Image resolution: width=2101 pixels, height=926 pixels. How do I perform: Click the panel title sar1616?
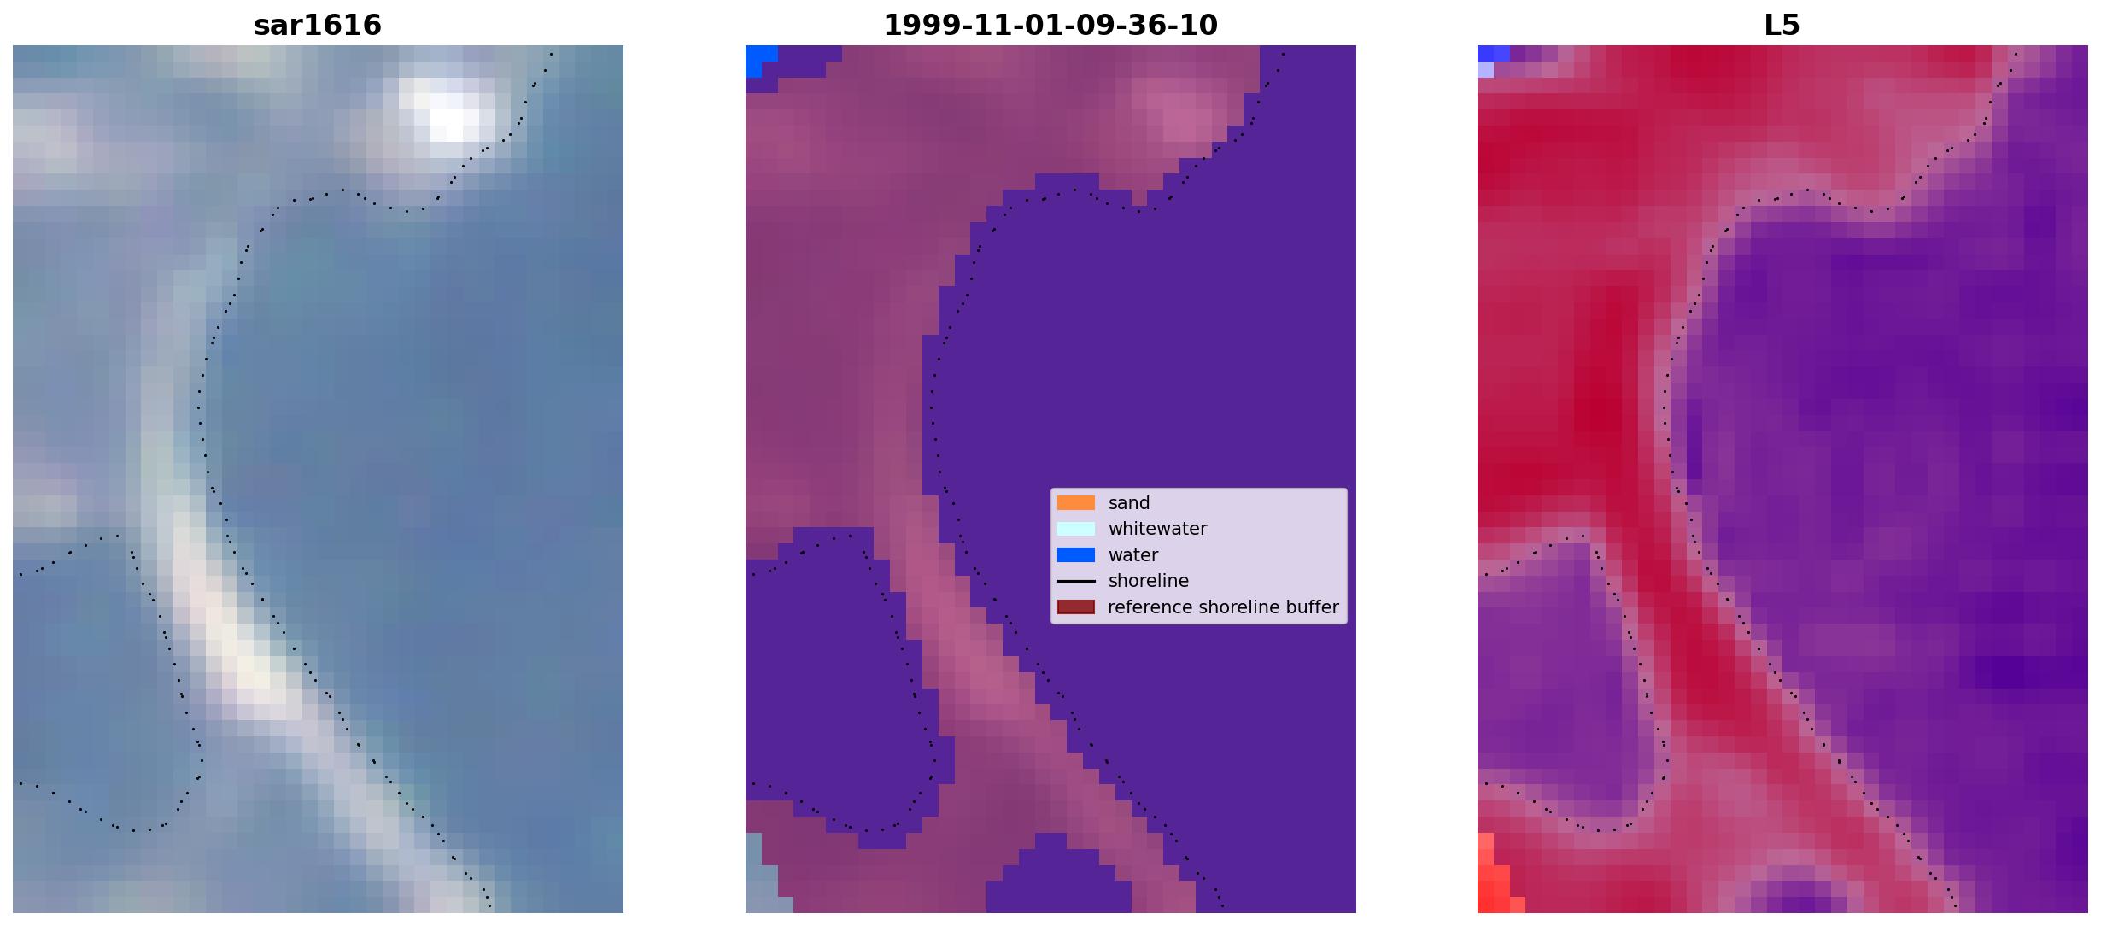coord(318,25)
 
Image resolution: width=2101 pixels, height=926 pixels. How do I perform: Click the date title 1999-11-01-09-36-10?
coord(1050,25)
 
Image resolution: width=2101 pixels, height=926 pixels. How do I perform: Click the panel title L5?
coord(1782,25)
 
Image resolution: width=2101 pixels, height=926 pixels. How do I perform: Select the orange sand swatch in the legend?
coord(1076,503)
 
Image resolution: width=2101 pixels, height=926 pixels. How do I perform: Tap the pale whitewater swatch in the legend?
coord(1076,529)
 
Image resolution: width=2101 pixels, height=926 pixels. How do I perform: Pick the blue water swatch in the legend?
coord(1076,555)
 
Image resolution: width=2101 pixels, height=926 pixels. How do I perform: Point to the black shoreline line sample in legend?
coord(1076,581)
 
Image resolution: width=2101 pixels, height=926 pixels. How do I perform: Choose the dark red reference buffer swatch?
coord(1076,607)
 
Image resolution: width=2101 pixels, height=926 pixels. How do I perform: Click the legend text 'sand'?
coord(1129,503)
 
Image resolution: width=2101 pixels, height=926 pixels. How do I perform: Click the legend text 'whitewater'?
coord(1157,529)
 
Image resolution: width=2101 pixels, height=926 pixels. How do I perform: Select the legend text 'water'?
coord(1133,555)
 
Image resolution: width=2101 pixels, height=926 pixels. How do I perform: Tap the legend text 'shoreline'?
coord(1149,581)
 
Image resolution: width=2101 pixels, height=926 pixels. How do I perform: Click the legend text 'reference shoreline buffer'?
coord(1223,607)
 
